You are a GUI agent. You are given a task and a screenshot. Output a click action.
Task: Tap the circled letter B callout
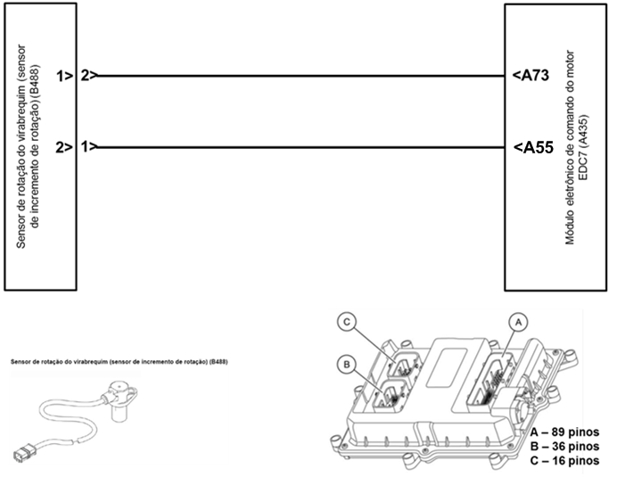pyautogui.click(x=349, y=363)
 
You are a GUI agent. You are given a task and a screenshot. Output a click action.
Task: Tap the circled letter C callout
pyautogui.click(x=349, y=323)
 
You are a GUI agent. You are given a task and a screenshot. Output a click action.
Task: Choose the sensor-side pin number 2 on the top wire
pyautogui.click(x=85, y=76)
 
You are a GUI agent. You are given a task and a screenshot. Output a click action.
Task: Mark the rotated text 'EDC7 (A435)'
pyautogui.click(x=584, y=147)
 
